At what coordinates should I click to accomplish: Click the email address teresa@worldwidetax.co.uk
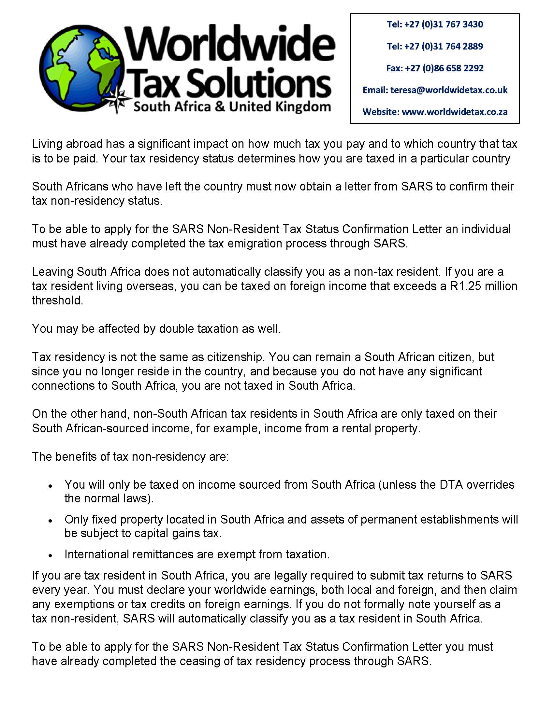(449, 90)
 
